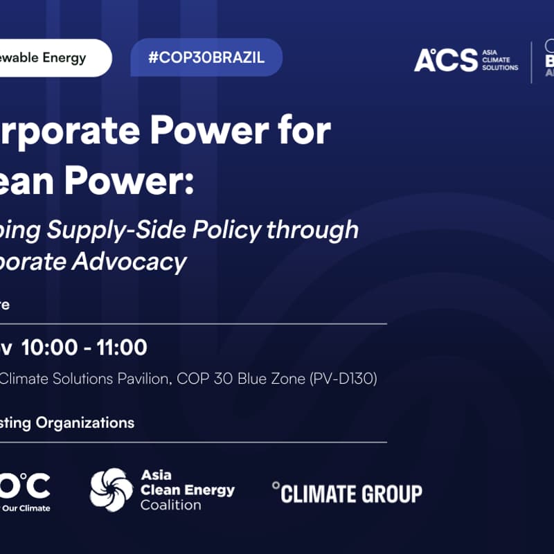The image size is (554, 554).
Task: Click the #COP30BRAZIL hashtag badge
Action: click(x=206, y=57)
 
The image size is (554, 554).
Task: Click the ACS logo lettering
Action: click(x=445, y=60)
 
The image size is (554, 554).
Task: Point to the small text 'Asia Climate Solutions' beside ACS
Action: click(x=499, y=60)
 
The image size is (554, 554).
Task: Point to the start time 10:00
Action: click(x=50, y=347)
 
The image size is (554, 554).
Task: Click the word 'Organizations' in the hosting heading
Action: click(x=89, y=422)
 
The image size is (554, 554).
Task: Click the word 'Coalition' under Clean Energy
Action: click(x=170, y=505)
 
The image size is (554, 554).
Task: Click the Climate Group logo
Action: click(x=347, y=493)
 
